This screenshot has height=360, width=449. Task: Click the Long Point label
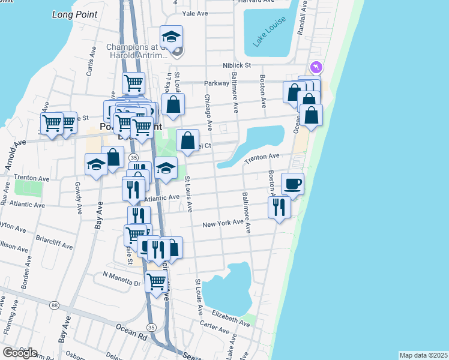click(74, 13)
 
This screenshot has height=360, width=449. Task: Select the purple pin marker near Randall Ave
click(316, 67)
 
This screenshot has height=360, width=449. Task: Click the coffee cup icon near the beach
click(292, 184)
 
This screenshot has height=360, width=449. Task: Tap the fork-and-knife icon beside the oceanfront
click(279, 207)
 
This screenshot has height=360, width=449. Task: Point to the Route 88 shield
click(55, 305)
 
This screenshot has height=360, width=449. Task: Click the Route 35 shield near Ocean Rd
click(151, 326)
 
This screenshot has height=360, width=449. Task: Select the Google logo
click(19, 353)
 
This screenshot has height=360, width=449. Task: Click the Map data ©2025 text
click(423, 355)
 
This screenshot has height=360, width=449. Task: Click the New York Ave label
click(223, 224)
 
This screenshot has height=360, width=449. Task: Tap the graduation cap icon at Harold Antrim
click(171, 37)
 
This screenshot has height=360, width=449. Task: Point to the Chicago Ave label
click(208, 112)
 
